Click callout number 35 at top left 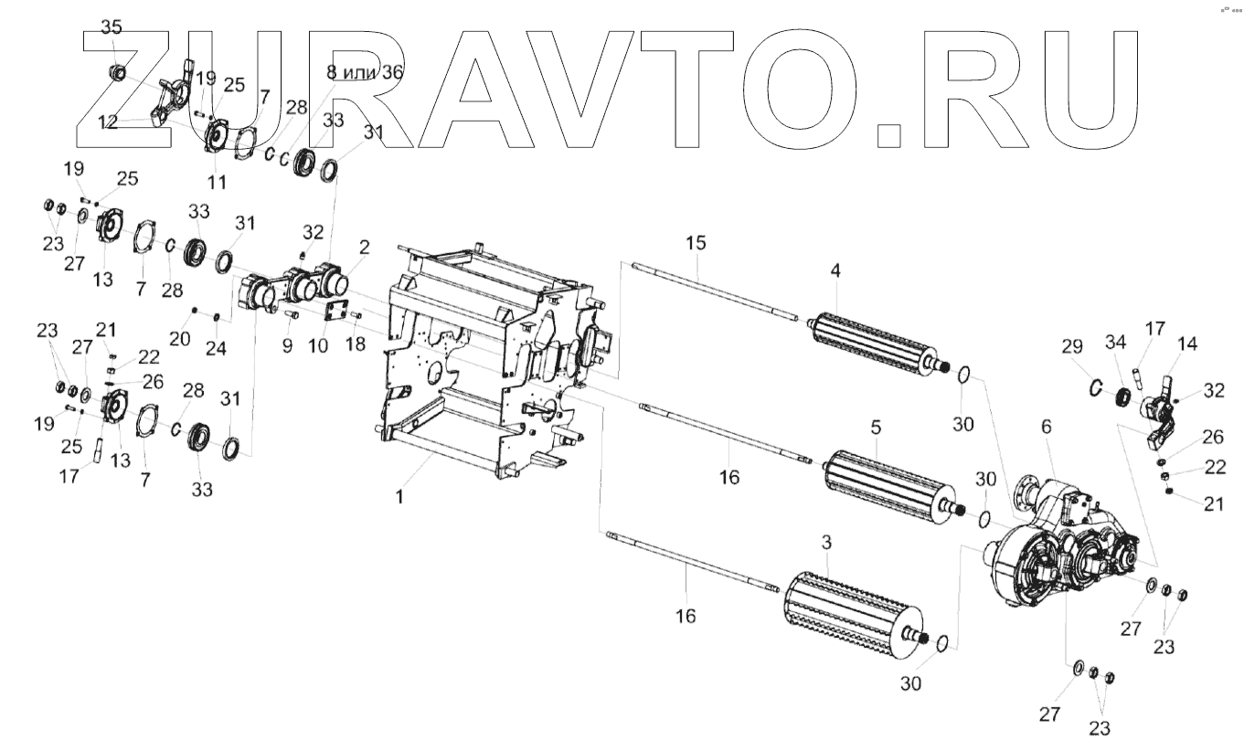[x=111, y=27]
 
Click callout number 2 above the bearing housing [x=364, y=248]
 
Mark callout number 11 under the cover [x=217, y=182]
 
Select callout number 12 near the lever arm [x=109, y=122]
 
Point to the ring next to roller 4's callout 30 [x=962, y=375]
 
